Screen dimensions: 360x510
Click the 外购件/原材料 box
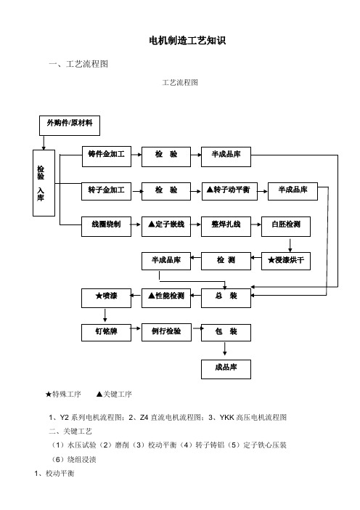(70, 126)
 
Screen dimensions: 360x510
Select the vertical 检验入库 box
(44, 183)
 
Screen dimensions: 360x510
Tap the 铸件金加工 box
(107, 157)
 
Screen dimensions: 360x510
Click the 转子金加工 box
(106, 191)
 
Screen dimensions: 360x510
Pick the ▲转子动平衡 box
(229, 191)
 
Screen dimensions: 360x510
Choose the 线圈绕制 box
(106, 227)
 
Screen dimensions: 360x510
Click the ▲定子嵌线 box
(166, 227)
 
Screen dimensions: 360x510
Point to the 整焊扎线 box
(226, 227)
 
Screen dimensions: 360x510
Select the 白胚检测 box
(286, 227)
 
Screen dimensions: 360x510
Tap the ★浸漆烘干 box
(286, 262)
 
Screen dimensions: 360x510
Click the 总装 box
(226, 298)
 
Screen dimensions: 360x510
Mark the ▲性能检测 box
(166, 298)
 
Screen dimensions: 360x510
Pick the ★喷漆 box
(106, 298)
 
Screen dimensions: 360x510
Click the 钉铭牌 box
(106, 333)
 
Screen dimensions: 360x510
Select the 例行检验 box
(166, 333)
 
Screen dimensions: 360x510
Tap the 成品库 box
(226, 369)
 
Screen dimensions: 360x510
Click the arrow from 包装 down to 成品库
(225, 349)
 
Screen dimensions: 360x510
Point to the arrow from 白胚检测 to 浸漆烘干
(290, 246)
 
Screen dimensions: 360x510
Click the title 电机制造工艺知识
(187, 41)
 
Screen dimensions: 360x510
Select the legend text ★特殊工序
(63, 394)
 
